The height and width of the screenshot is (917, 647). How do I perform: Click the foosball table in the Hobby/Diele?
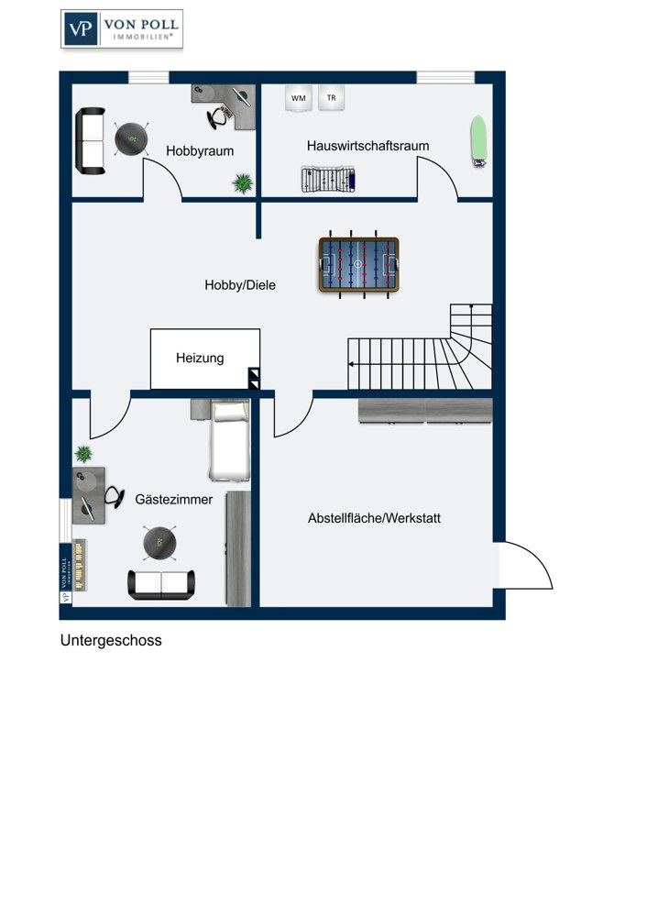pos(358,266)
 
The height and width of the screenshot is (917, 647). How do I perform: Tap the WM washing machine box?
pos(298,97)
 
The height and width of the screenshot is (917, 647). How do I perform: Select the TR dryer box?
pos(331,97)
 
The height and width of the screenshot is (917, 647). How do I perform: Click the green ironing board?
pos(477,142)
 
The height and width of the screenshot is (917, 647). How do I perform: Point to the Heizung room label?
pos(200,359)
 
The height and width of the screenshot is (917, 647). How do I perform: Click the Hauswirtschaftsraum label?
pos(367,146)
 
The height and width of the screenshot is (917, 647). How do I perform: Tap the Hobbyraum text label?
pos(200,150)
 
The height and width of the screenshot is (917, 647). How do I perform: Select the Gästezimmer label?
pos(174,500)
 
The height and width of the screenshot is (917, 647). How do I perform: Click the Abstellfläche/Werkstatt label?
pos(374,518)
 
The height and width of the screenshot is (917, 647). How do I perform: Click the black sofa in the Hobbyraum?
pos(90,139)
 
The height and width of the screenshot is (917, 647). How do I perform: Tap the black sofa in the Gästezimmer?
pos(161,584)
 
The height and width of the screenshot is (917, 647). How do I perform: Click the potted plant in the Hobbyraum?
pos(243,183)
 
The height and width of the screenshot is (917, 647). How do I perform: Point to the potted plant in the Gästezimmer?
pos(83,454)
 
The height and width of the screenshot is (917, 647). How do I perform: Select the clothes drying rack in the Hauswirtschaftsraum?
pos(327,179)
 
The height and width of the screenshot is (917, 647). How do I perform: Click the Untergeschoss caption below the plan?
pos(111,641)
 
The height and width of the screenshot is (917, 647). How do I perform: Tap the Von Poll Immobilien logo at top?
pos(121,28)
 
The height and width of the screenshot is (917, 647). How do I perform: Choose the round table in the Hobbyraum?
pos(132,139)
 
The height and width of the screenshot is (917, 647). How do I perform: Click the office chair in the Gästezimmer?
pos(114,497)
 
